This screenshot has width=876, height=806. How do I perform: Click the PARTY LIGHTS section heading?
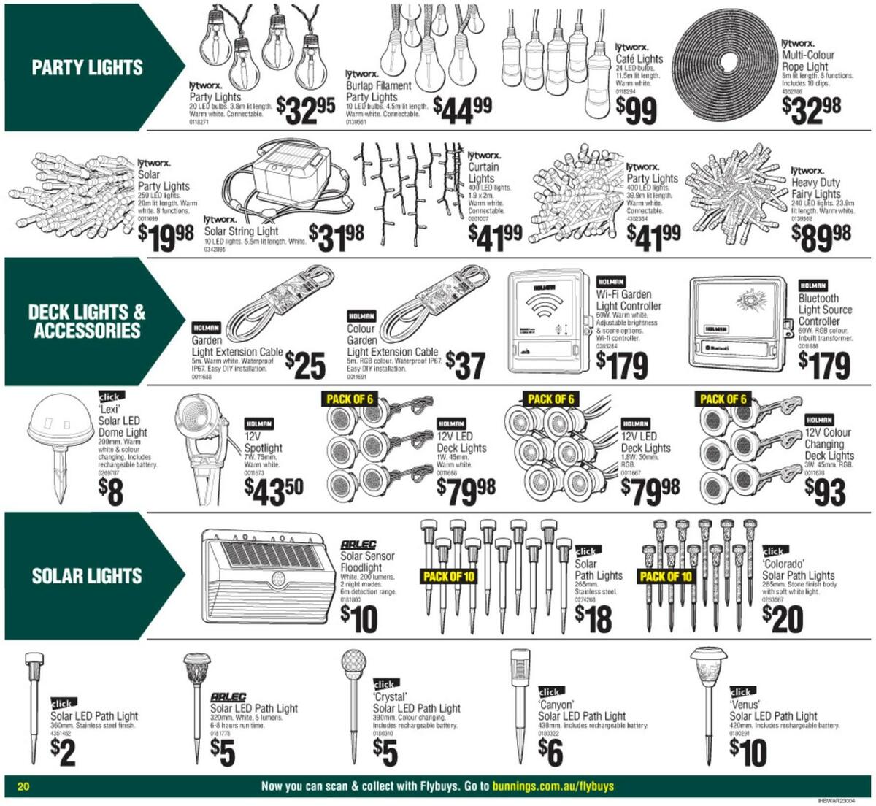pyautogui.click(x=87, y=68)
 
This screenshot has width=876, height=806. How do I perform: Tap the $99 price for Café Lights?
pyautogui.click(x=636, y=111)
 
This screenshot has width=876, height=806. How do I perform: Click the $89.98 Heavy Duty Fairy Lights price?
pyautogui.click(x=821, y=236)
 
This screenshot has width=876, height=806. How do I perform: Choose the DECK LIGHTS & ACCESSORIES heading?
pyautogui.click(x=87, y=321)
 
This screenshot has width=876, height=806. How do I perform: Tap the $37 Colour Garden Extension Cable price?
pyautogui.click(x=464, y=364)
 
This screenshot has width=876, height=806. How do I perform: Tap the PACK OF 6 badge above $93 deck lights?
pyautogui.click(x=723, y=399)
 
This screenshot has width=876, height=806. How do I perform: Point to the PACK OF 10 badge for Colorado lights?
pyautogui.click(x=665, y=576)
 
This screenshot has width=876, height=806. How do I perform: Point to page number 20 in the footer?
pyautogui.click(x=23, y=786)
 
